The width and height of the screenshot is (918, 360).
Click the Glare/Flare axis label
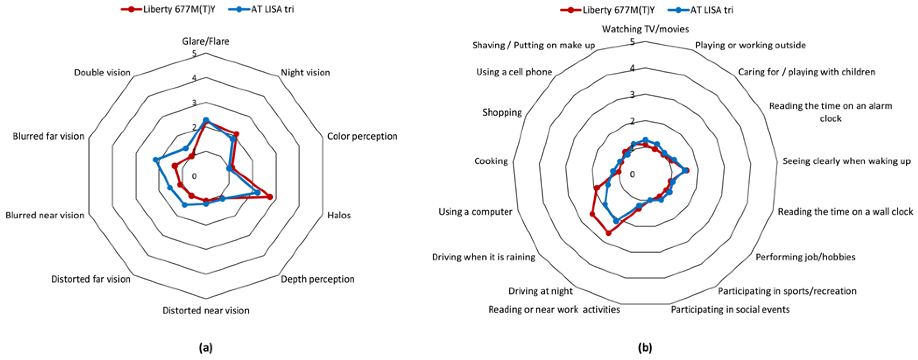(206, 41)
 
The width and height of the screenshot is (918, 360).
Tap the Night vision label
(305, 72)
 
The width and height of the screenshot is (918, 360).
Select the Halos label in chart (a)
(339, 215)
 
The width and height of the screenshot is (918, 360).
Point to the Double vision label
(102, 72)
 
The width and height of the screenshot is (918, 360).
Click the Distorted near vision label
(206, 310)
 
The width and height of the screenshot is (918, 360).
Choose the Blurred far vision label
(49, 136)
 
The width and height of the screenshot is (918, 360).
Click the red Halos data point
(270, 197)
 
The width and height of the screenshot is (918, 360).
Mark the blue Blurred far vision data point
(155, 160)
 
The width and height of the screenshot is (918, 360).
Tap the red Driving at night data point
(609, 233)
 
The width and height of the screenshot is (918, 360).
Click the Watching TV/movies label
(645, 29)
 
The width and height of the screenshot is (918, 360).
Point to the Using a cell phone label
(514, 72)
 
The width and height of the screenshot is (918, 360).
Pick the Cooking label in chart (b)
(491, 161)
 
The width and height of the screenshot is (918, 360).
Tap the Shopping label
(502, 112)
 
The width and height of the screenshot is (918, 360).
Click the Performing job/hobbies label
(805, 257)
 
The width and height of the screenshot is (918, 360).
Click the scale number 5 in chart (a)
(194, 54)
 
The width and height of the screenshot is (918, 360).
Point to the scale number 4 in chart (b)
(632, 68)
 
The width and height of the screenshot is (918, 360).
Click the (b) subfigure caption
(645, 348)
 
